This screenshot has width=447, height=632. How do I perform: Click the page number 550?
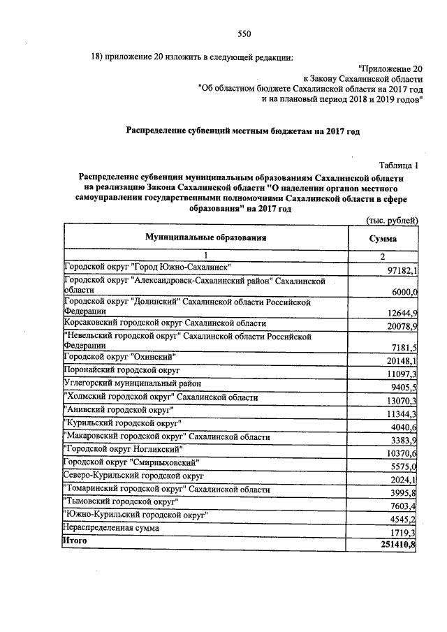pyautogui.click(x=244, y=34)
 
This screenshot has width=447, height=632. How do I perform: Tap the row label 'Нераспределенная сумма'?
pyautogui.click(x=111, y=528)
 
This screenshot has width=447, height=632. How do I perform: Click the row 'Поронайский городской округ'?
pyautogui.click(x=122, y=369)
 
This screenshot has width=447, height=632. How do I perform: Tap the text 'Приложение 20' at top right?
pyautogui.click(x=390, y=68)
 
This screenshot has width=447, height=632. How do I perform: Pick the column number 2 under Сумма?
pyautogui.click(x=382, y=257)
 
